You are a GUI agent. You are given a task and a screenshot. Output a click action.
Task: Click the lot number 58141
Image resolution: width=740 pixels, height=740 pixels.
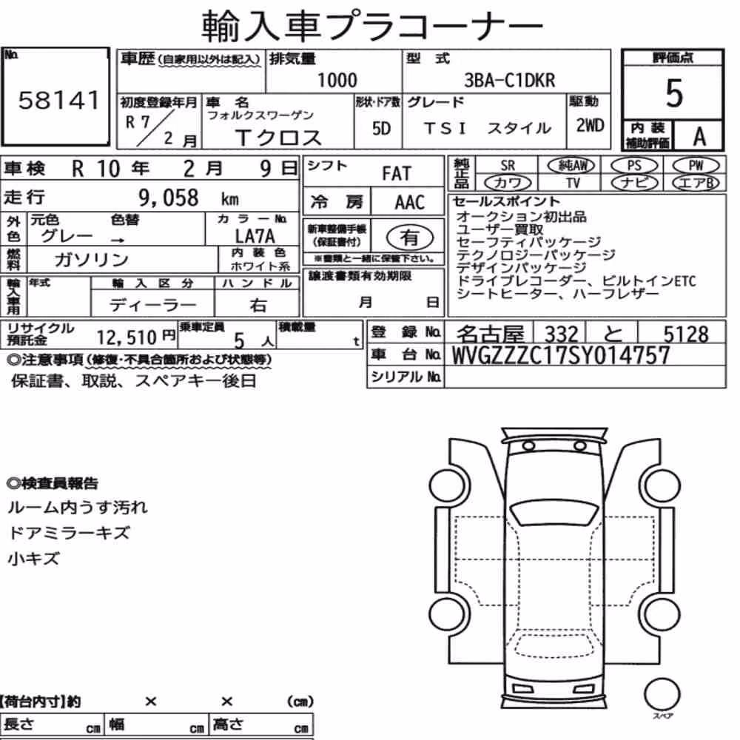[59, 100]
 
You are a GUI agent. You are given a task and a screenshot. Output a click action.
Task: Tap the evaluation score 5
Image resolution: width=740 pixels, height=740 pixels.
[674, 93]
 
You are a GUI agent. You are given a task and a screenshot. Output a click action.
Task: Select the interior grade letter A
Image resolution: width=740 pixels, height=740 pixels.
[699, 137]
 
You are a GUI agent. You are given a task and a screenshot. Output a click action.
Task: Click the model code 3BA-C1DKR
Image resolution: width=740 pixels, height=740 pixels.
[510, 81]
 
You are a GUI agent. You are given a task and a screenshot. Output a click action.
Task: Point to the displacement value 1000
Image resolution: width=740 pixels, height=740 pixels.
[337, 81]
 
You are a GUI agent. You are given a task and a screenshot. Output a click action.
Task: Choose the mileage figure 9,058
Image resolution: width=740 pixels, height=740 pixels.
[169, 198]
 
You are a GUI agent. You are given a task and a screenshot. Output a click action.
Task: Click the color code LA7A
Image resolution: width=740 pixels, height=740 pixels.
[255, 236]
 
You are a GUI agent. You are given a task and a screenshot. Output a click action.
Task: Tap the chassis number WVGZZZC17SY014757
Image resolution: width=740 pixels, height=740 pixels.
[561, 355]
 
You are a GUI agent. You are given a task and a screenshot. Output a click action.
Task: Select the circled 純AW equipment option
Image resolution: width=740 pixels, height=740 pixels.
[571, 165]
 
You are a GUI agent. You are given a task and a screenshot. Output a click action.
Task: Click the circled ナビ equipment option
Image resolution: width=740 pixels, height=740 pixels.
[634, 183]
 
